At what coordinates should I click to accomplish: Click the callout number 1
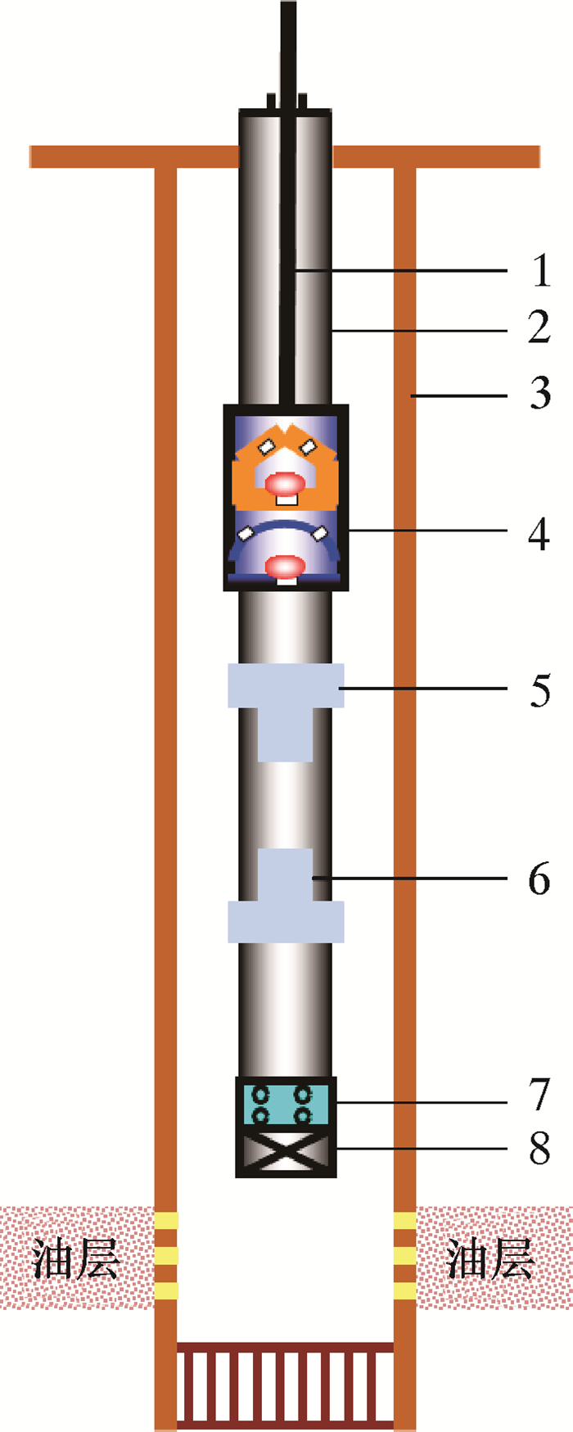tap(540, 270)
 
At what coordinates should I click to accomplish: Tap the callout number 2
tap(539, 328)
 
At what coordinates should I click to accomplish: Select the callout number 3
tap(539, 394)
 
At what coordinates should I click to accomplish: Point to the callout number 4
tap(539, 535)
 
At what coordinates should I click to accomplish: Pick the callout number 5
tap(539, 690)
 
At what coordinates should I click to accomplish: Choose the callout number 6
tap(539, 879)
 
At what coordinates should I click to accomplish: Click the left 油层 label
tap(76, 1258)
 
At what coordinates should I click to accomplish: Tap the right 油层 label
tap(490, 1258)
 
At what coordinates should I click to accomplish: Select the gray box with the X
tap(286, 1151)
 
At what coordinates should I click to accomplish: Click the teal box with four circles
tap(286, 1104)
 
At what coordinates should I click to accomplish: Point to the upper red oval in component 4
tap(285, 484)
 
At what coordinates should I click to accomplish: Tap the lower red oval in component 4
tap(286, 566)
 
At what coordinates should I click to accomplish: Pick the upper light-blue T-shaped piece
tap(286, 704)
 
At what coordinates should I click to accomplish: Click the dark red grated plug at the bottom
tap(286, 1385)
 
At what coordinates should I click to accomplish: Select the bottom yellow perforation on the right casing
tap(405, 1291)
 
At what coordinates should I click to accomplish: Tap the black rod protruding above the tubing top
tap(288, 49)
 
